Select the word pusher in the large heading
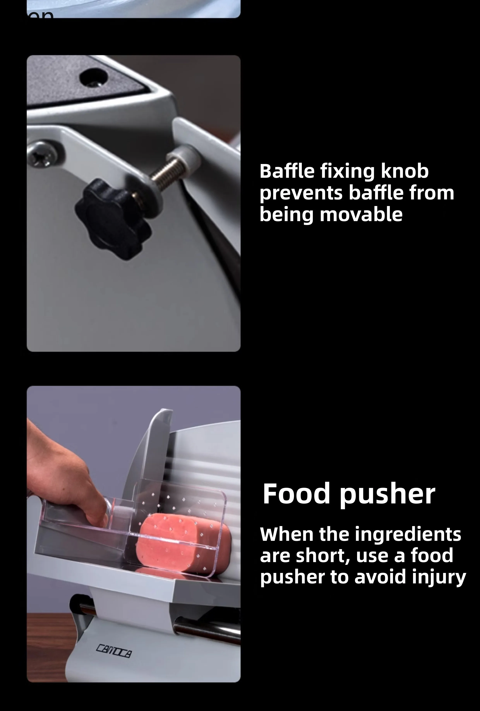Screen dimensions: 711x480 coord(387,494)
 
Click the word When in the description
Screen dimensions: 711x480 coord(286,534)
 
